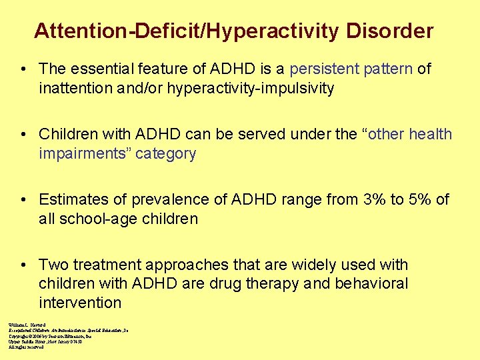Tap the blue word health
[431, 135]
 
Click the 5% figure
[415, 200]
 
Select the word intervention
[80, 303]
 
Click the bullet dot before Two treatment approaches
[24, 265]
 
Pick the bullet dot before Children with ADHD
[24, 135]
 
